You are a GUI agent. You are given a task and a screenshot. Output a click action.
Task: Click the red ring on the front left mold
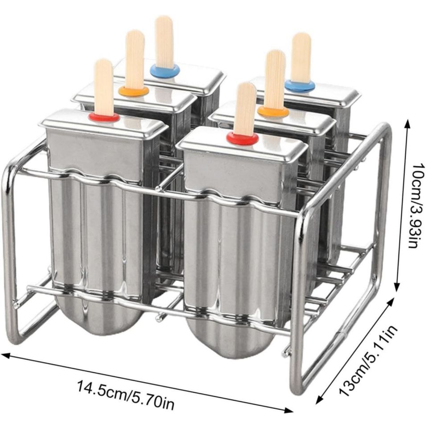pos(104,117)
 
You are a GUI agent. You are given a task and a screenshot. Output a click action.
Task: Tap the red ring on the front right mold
pos(242,139)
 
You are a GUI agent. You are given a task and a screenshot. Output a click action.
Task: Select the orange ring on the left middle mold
pos(133,91)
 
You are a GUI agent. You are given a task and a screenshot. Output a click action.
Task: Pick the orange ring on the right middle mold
pos(273,111)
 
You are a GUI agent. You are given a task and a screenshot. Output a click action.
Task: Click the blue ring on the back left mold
pos(165,70)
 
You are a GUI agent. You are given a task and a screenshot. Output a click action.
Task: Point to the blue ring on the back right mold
pos(300,86)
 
